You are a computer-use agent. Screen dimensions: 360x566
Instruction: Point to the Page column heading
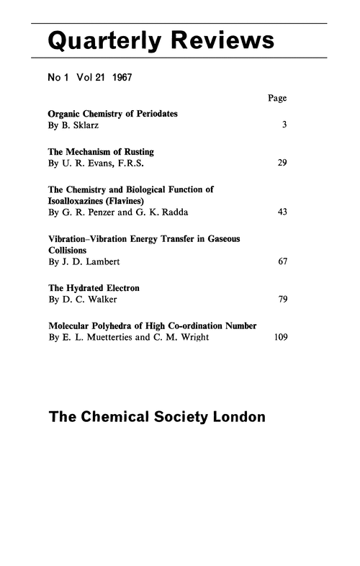click(x=277, y=98)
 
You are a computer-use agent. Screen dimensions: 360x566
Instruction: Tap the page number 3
click(x=285, y=125)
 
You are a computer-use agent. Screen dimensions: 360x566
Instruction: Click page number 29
click(x=282, y=163)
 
